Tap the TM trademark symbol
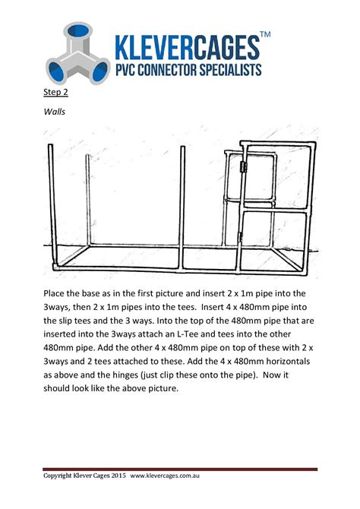click(x=265, y=35)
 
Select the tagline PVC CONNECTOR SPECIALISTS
click(x=188, y=70)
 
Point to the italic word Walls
click(x=55, y=111)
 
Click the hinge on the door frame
click(x=243, y=168)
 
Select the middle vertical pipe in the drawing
click(x=183, y=198)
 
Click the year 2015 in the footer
click(x=115, y=476)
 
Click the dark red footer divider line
click(x=180, y=468)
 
